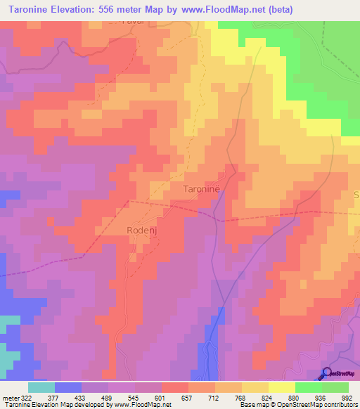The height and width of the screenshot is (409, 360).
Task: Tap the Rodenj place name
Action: (141, 230)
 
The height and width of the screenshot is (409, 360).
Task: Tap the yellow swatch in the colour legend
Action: (282, 387)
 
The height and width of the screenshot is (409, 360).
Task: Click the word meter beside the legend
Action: (11, 398)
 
